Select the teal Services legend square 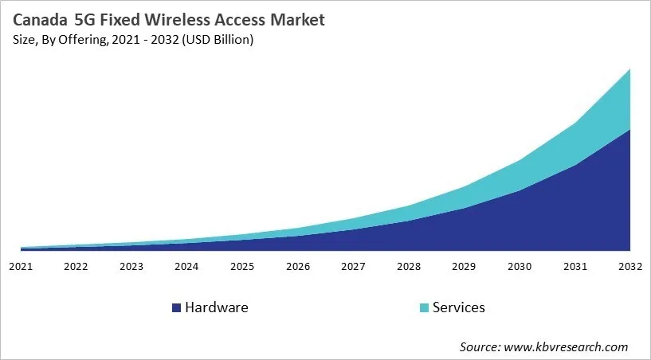click(x=423, y=307)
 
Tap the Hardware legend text click(x=216, y=307)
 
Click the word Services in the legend click(x=458, y=307)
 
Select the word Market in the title click(x=296, y=19)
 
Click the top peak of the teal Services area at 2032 click(x=630, y=69)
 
